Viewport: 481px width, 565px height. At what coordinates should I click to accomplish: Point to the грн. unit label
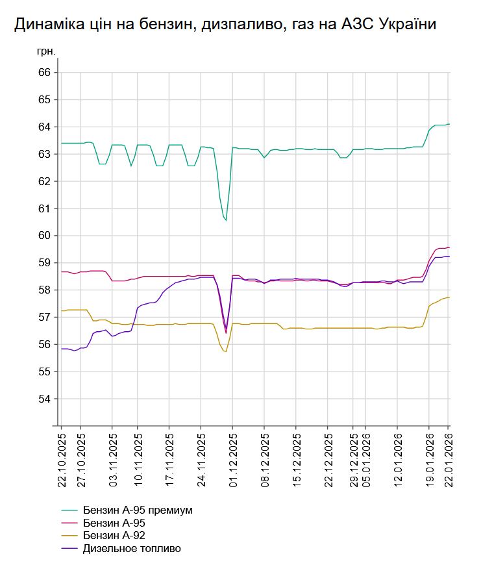click(x=46, y=50)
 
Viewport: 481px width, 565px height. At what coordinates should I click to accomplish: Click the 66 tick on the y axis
click(x=44, y=73)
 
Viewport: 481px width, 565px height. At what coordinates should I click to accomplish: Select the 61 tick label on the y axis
click(x=44, y=208)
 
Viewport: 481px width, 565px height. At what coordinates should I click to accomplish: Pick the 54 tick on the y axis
click(x=44, y=399)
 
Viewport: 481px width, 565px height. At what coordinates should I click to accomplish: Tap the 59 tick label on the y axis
click(x=44, y=263)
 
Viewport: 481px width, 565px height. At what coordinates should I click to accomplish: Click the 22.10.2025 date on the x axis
click(x=62, y=458)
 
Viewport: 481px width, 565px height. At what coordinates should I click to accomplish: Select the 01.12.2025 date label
click(x=232, y=458)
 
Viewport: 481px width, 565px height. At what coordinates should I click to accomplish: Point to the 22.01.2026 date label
click(x=448, y=458)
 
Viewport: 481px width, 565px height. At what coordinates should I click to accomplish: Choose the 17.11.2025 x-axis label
click(x=169, y=458)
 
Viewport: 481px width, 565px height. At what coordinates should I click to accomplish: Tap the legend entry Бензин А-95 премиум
click(x=138, y=510)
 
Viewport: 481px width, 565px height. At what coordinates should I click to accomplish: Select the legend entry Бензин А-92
click(x=114, y=536)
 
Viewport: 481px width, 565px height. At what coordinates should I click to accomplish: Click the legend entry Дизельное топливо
click(x=132, y=549)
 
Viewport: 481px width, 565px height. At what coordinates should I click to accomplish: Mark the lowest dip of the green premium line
click(x=226, y=221)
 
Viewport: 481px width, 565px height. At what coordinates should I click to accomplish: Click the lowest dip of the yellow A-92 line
click(x=225, y=351)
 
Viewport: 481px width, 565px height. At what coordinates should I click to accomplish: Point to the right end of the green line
click(x=449, y=124)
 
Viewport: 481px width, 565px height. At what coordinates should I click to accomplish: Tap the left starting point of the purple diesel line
click(x=61, y=349)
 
